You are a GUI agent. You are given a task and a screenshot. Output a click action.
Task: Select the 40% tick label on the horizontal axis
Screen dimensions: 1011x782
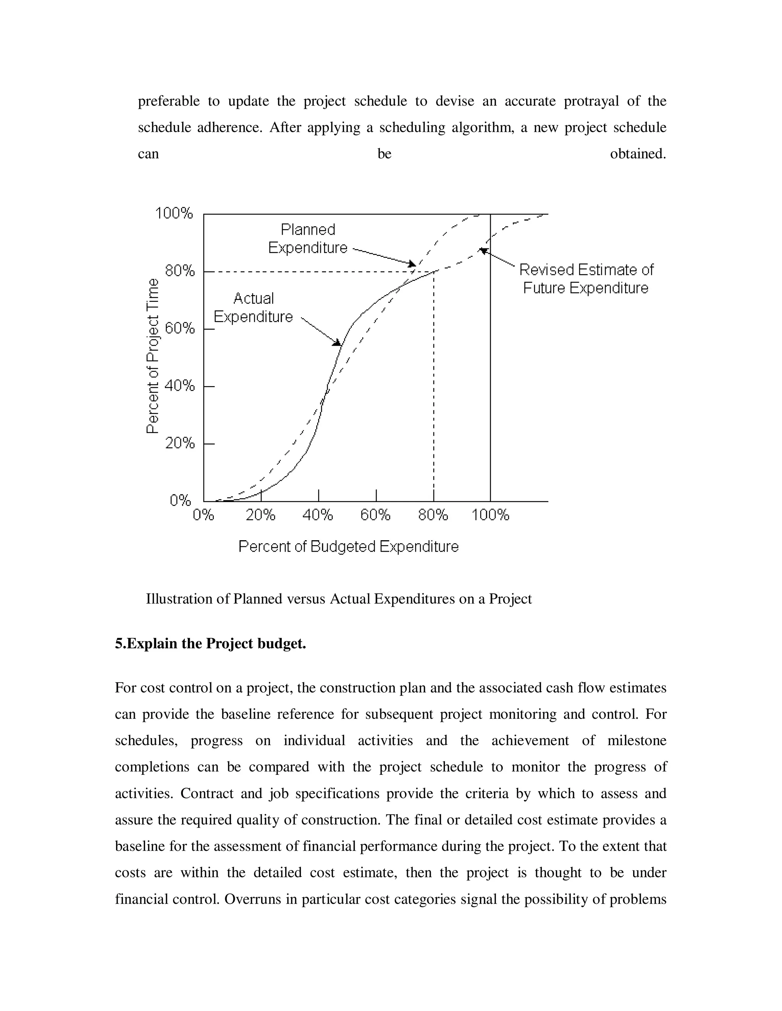[318, 515]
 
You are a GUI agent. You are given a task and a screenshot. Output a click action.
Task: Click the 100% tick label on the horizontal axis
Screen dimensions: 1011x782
[490, 515]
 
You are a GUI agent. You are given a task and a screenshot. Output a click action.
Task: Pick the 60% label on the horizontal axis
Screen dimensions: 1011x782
[375, 515]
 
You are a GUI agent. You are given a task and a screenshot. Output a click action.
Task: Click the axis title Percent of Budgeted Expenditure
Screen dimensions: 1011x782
[348, 547]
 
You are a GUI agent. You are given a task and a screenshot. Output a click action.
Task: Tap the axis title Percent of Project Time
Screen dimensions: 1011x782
[152, 356]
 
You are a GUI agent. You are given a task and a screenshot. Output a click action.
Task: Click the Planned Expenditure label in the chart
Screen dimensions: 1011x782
[308, 238]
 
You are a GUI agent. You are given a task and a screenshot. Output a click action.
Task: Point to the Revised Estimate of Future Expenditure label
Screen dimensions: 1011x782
[586, 279]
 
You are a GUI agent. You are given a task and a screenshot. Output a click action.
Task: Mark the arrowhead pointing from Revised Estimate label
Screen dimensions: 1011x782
[483, 250]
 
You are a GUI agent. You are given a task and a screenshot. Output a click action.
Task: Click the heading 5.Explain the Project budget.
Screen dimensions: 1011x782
[210, 644]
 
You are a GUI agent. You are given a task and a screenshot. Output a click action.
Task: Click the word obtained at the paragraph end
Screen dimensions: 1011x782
[638, 154]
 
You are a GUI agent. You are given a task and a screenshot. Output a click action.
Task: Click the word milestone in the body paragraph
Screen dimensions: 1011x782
[637, 740]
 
